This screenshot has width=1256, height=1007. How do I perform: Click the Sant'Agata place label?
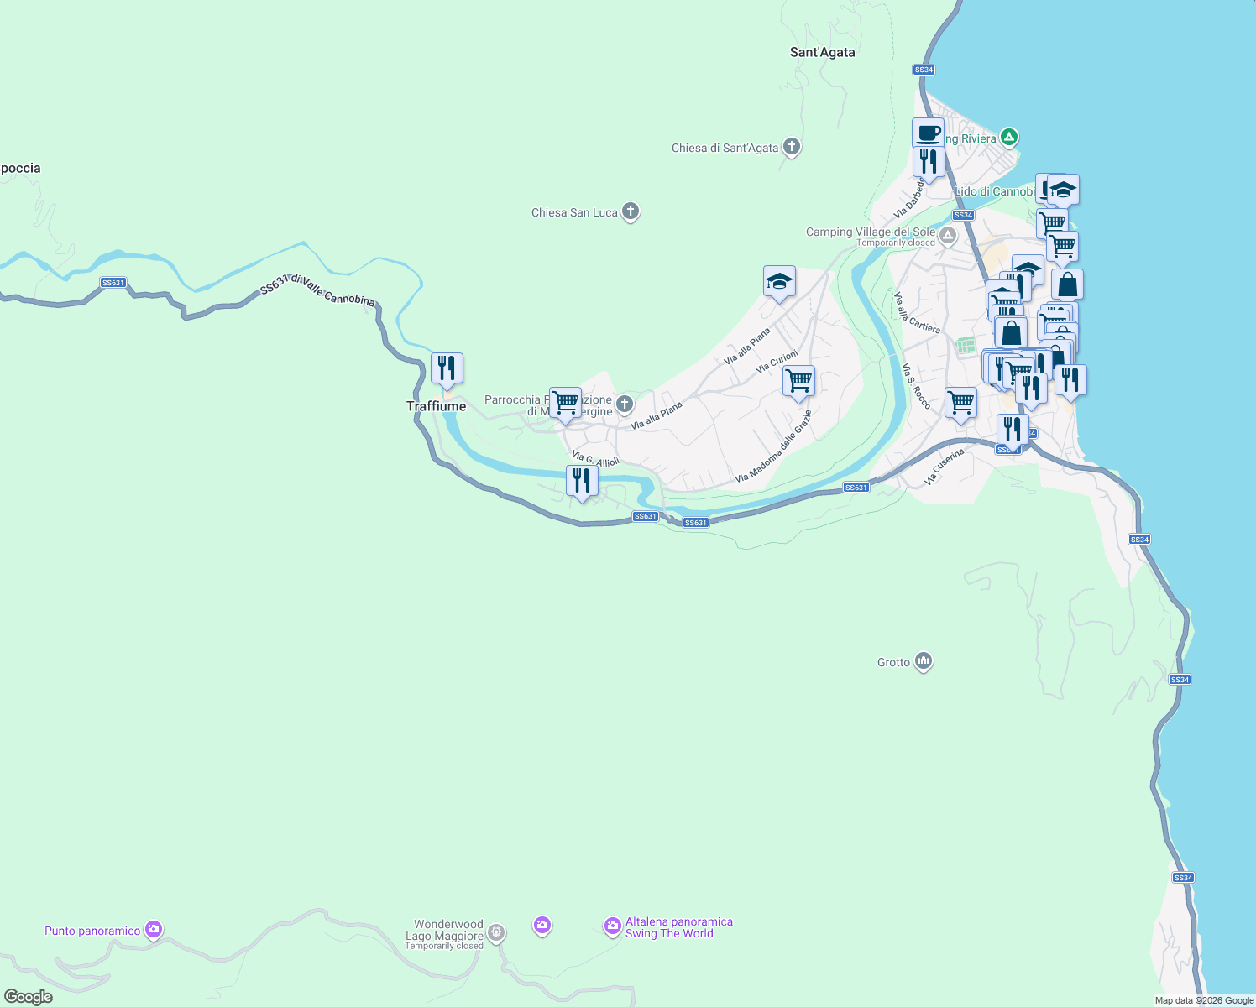[822, 52]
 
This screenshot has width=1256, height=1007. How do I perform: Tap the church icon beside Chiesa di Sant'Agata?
[791, 148]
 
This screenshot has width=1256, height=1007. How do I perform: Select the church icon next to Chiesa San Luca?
[631, 212]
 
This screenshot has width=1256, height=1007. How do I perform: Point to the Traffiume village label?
[436, 406]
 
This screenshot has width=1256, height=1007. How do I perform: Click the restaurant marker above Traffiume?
[447, 368]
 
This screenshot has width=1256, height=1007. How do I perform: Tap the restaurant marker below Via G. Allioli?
[582, 481]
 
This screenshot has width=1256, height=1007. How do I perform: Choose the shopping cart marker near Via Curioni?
[798, 381]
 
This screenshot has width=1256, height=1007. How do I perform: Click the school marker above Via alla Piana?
[779, 281]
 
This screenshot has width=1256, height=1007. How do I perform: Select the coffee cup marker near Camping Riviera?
[928, 133]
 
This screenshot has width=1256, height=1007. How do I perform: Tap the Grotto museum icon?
[924, 662]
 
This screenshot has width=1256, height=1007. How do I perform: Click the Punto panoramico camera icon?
[153, 929]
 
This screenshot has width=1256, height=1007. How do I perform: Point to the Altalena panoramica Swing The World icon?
[613, 926]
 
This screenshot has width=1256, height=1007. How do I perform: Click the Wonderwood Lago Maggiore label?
[447, 930]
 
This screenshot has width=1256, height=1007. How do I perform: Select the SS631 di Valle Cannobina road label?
[317, 290]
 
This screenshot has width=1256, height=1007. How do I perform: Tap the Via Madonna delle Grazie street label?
[773, 446]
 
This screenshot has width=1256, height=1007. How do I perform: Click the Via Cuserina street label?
[944, 467]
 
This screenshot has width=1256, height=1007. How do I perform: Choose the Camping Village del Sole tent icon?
[948, 236]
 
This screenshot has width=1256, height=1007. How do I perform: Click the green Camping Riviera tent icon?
[1009, 137]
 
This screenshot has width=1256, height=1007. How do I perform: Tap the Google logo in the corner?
[29, 997]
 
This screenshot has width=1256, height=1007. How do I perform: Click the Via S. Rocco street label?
[916, 386]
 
